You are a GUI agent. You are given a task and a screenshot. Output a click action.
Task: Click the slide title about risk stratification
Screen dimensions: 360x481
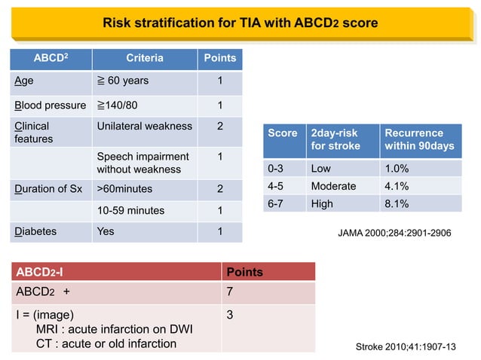click(x=240, y=23)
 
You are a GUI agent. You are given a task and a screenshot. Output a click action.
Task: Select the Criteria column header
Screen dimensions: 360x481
click(x=144, y=58)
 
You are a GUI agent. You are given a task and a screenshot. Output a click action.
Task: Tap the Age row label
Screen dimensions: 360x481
click(x=23, y=81)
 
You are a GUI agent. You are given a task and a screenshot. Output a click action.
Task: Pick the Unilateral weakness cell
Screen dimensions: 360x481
click(x=144, y=126)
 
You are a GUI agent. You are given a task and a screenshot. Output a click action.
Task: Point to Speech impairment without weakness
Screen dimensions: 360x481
click(x=142, y=163)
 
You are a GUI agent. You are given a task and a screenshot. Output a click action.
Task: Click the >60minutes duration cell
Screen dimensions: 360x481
click(x=125, y=189)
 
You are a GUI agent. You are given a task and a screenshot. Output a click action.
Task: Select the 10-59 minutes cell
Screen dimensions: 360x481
click(x=130, y=211)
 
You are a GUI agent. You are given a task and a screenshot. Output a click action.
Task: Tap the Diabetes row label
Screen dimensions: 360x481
click(x=35, y=231)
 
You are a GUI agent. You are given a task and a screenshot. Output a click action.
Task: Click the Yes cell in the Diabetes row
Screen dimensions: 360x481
click(x=106, y=231)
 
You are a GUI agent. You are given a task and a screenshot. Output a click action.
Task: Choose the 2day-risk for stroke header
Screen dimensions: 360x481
click(x=335, y=139)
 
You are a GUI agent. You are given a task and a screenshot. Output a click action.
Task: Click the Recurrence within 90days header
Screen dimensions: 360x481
click(x=419, y=139)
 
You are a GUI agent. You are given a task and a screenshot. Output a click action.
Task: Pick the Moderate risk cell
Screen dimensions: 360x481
click(x=332, y=185)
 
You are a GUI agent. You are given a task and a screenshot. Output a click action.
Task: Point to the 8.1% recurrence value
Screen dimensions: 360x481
click(x=397, y=203)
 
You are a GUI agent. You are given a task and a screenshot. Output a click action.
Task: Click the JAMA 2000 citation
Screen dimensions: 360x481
click(x=394, y=233)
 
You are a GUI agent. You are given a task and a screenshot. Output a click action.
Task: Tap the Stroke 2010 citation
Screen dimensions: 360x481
click(x=406, y=346)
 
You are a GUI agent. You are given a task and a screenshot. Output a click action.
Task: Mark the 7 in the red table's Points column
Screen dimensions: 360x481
click(x=230, y=291)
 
